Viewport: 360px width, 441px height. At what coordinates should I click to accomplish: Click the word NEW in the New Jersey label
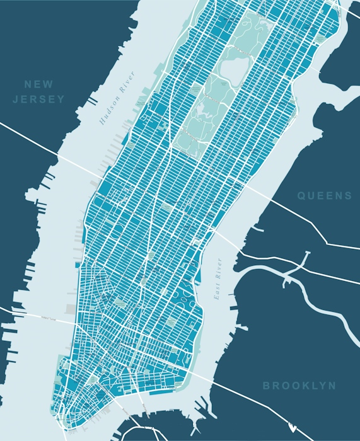39,84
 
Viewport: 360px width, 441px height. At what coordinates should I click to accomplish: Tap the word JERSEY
39,99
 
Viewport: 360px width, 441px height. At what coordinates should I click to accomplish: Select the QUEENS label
325,196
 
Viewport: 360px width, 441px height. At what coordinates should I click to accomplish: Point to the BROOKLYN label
299,386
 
